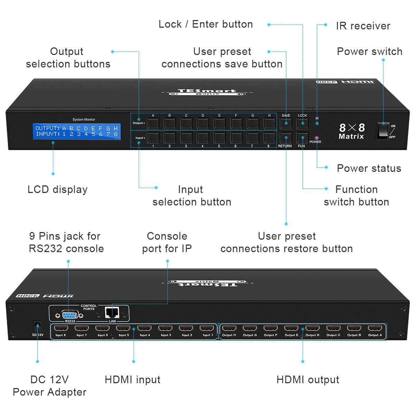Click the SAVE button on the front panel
coord(286,123)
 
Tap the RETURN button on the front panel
coord(286,138)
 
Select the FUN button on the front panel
coord(302,138)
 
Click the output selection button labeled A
coord(153,123)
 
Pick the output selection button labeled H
coord(269,123)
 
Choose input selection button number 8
coord(269,138)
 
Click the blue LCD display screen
coord(77,131)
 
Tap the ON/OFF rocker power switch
coord(383,130)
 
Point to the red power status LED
coord(316,138)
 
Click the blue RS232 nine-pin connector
coord(70,315)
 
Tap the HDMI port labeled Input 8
coord(61,329)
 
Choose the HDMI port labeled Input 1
coord(207,329)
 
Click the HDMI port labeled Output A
coord(375,329)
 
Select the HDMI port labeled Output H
coord(229,329)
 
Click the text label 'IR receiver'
coord(363,26)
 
